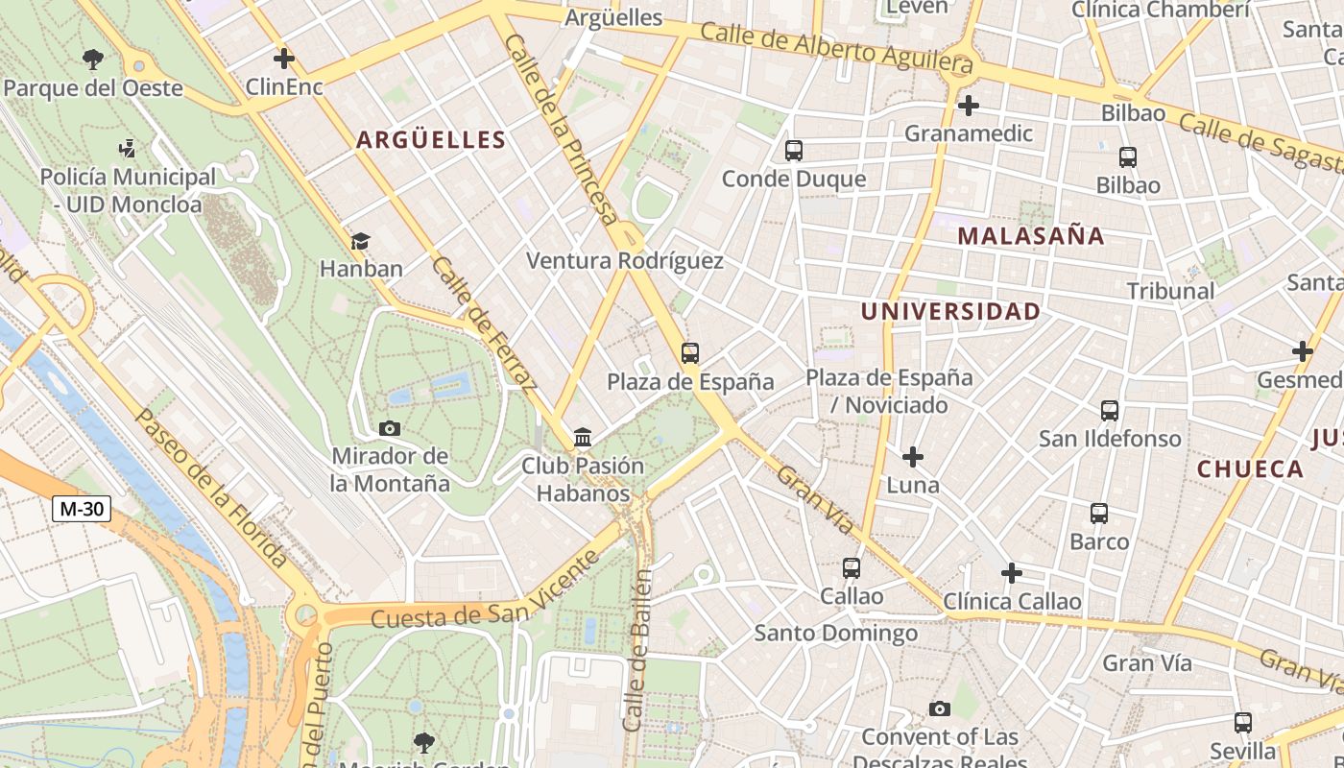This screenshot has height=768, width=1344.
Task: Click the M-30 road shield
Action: coord(82,509)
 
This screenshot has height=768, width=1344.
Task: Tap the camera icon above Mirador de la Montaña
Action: coord(390,428)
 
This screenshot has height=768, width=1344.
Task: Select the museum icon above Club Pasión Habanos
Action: coord(583,438)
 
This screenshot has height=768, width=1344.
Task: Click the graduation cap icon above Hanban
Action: coord(360,241)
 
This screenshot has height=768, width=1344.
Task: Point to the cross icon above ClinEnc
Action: coord(283,59)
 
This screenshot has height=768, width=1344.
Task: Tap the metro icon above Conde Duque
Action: coord(793,151)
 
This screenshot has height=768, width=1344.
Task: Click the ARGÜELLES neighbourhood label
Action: coord(431,140)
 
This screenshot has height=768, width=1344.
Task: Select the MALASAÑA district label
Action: coord(1031,236)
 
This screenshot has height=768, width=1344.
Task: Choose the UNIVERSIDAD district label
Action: coord(950,311)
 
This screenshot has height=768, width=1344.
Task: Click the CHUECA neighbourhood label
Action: coord(1250,469)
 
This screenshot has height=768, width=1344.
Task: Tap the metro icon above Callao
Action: coord(851,568)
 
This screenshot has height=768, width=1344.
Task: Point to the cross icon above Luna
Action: coord(912,457)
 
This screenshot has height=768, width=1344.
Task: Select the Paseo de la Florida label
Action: coord(211,488)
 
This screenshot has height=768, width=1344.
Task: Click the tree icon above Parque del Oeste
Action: coord(93,60)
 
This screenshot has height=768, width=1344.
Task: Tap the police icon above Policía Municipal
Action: coord(127,149)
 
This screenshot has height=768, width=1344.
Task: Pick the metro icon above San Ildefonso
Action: coord(1110,411)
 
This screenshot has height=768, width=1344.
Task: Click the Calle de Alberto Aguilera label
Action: coord(836,47)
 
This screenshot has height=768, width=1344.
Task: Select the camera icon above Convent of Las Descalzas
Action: coord(939,709)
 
